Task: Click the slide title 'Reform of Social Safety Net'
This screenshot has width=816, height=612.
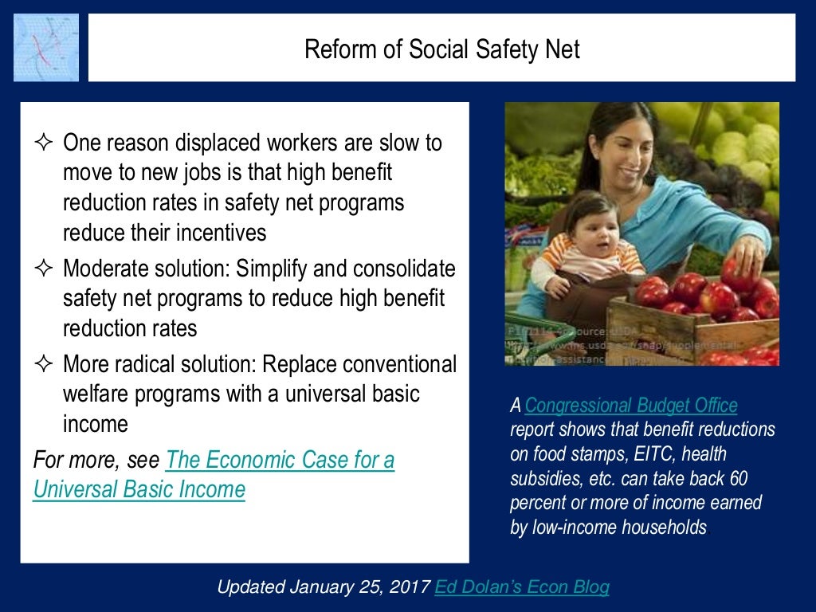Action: click(x=441, y=49)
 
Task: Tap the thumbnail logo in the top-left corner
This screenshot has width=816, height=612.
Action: click(x=46, y=47)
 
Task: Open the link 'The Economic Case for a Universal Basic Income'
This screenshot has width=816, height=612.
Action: click(x=214, y=475)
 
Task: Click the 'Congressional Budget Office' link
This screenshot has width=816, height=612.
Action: click(x=631, y=406)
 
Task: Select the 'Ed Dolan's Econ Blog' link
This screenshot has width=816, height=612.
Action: click(x=522, y=587)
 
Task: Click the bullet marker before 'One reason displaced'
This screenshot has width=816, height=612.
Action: click(x=43, y=143)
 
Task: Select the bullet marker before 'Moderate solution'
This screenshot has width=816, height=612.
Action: click(x=43, y=269)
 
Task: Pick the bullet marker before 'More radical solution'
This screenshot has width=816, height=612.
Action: click(x=43, y=365)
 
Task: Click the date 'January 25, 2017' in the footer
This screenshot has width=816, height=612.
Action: click(x=363, y=587)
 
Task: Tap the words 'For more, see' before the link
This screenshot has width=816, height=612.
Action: click(x=96, y=461)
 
